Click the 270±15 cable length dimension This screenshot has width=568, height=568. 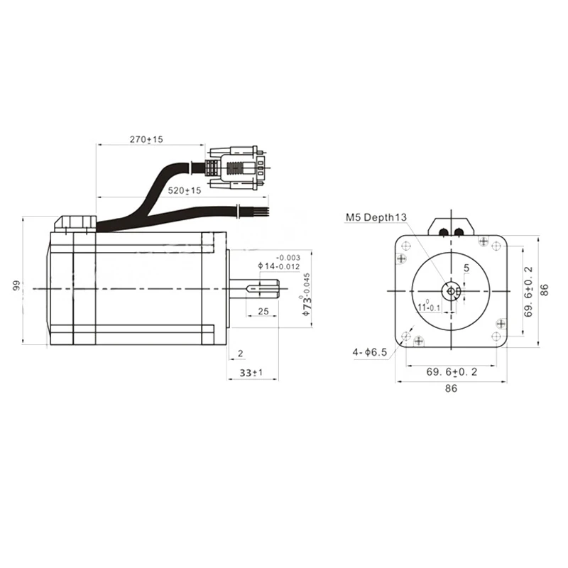pyautogui.click(x=146, y=139)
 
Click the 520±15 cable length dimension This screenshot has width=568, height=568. pyautogui.click(x=185, y=190)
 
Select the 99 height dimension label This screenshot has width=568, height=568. pyautogui.click(x=16, y=285)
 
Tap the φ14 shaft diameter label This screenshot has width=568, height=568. pyautogui.click(x=279, y=262)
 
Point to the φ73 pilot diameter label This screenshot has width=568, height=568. pyautogui.click(x=307, y=295)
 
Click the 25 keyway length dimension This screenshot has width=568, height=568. pyautogui.click(x=263, y=311)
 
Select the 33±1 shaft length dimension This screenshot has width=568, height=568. pyautogui.click(x=251, y=372)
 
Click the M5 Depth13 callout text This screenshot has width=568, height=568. pyautogui.click(x=376, y=217)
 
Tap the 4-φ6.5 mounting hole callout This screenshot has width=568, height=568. pyautogui.click(x=370, y=351)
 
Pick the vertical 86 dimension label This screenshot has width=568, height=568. pyautogui.click(x=544, y=290)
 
